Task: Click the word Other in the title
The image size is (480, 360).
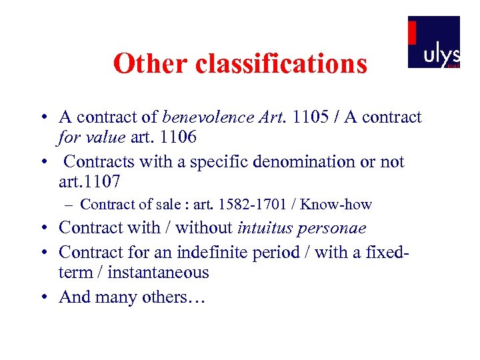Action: (x=151, y=64)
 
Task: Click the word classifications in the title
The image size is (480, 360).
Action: (x=281, y=64)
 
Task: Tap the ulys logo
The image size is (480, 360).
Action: (x=433, y=43)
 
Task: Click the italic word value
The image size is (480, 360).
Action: (x=104, y=137)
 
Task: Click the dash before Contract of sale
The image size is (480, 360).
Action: (x=70, y=205)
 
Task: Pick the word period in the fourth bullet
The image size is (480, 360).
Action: (x=283, y=252)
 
